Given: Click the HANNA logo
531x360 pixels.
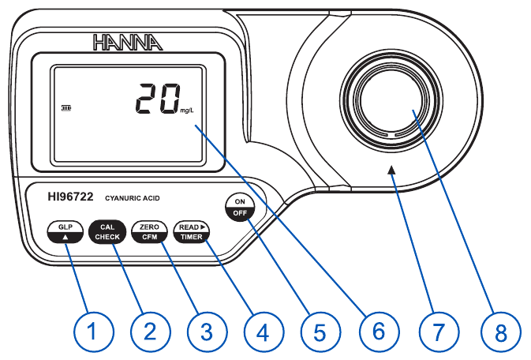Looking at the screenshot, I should click(x=128, y=42).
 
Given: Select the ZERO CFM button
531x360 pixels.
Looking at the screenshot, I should click(x=148, y=231).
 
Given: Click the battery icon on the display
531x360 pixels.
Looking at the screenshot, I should click(x=65, y=109).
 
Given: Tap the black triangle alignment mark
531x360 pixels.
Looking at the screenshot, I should click(x=392, y=167).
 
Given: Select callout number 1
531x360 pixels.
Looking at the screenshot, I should click(x=93, y=332).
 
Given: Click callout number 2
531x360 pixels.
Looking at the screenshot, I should click(x=149, y=332).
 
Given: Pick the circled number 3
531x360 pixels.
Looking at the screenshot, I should click(x=205, y=332).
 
